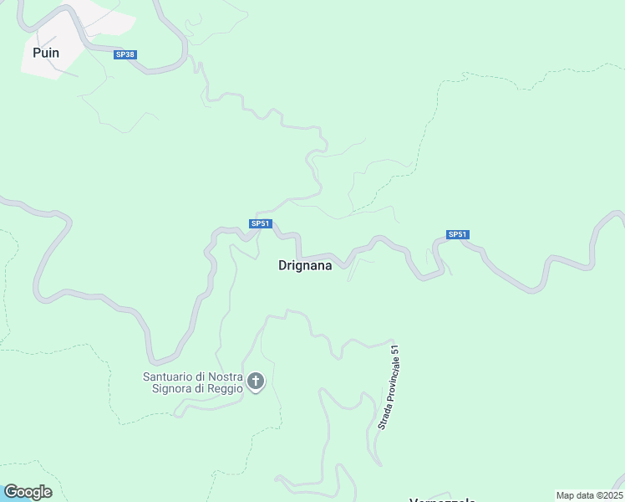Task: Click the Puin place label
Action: click(45, 52)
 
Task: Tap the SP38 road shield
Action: click(124, 54)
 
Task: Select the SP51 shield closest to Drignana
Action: click(260, 223)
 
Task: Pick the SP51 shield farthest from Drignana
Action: click(457, 234)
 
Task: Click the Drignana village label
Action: click(304, 265)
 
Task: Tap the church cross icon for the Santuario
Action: click(257, 382)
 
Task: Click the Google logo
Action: click(28, 492)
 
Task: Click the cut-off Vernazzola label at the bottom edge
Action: click(442, 499)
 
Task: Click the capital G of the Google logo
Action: click(11, 492)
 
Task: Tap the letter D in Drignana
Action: click(282, 265)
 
